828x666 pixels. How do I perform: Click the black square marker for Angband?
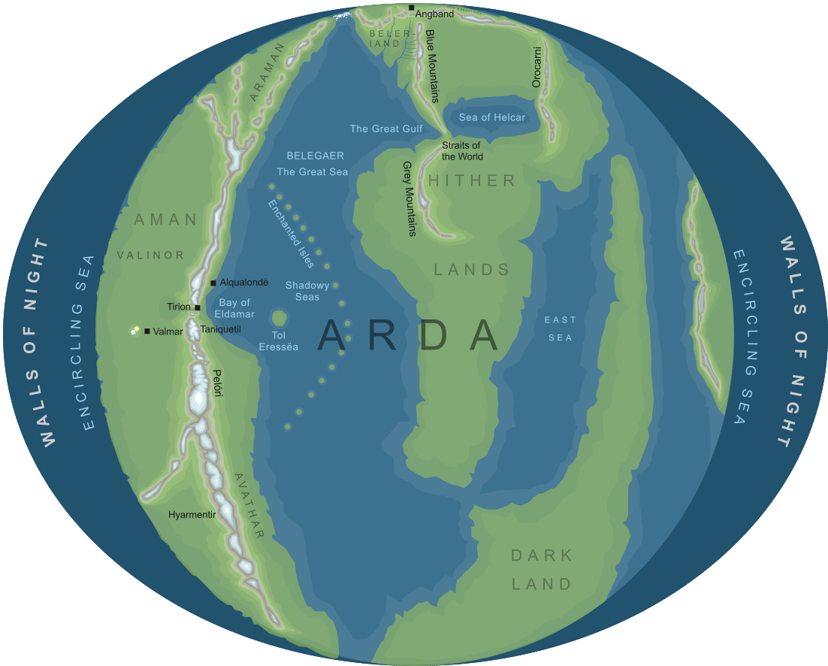pyautogui.click(x=412, y=8)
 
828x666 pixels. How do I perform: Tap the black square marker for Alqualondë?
pyautogui.click(x=213, y=283)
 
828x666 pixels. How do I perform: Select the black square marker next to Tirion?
pyautogui.click(x=197, y=307)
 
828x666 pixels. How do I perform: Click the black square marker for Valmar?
pyautogui.click(x=147, y=331)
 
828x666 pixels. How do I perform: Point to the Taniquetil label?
pyautogui.click(x=220, y=330)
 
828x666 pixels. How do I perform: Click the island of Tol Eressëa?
pyautogui.click(x=280, y=318)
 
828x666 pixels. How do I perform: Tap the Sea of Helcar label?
pyautogui.click(x=492, y=117)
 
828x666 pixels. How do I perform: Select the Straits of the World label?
pyautogui.click(x=461, y=151)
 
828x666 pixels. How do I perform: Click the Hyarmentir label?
pyautogui.click(x=192, y=515)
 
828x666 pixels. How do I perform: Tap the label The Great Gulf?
pyautogui.click(x=386, y=129)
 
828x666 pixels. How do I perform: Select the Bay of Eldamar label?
pyautogui.click(x=234, y=308)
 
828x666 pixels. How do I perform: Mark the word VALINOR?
pyautogui.click(x=150, y=255)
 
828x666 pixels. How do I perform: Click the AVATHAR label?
pyautogui.click(x=249, y=506)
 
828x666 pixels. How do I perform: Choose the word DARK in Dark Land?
pyautogui.click(x=542, y=556)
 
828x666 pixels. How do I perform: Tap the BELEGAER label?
pyautogui.click(x=316, y=156)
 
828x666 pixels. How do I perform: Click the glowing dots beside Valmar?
pyautogui.click(x=135, y=329)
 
